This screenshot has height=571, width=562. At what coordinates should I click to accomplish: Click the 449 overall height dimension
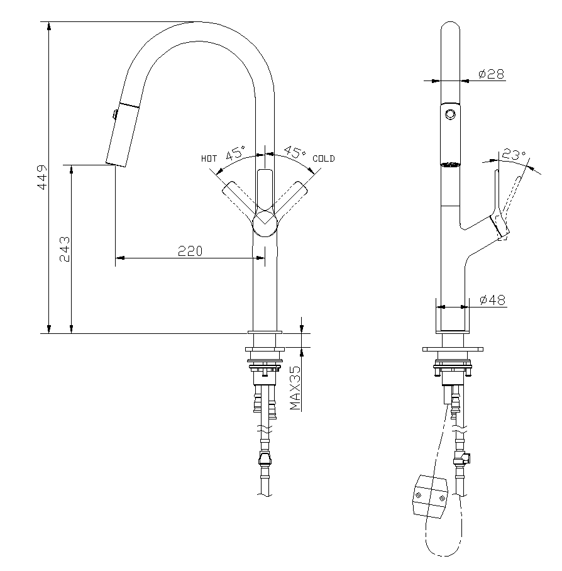click(x=43, y=177)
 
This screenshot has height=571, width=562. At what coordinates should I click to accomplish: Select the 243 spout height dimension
click(x=65, y=249)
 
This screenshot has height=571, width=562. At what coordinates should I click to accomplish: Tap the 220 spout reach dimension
click(x=190, y=251)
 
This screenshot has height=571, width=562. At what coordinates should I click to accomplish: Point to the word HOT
click(x=209, y=158)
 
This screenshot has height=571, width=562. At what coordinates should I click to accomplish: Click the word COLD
click(x=324, y=158)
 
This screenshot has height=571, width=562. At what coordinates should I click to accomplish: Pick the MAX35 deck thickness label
click(x=295, y=388)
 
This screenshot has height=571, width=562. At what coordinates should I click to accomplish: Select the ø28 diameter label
click(x=492, y=74)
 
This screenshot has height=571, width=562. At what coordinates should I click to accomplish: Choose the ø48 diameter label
click(x=492, y=300)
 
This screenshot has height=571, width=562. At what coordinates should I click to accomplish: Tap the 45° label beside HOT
click(x=236, y=153)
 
